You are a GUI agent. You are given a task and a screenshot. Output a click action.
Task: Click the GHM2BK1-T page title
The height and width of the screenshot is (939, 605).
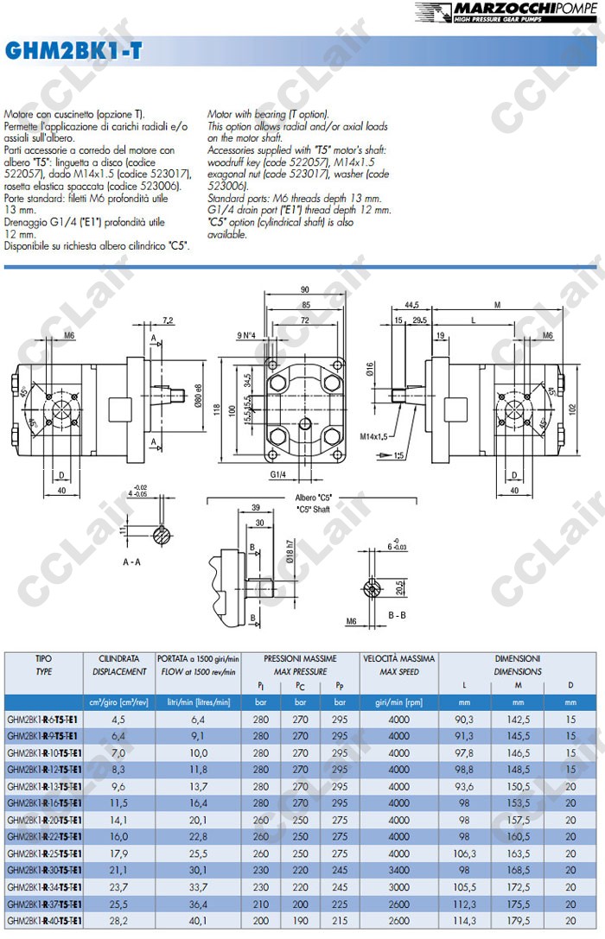[73, 53]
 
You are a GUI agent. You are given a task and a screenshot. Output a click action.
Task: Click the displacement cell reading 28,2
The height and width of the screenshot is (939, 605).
[118, 921]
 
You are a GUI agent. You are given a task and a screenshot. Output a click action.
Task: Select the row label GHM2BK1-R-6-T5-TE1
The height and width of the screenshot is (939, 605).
[42, 719]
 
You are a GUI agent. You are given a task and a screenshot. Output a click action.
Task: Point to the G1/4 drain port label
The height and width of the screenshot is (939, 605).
[277, 475]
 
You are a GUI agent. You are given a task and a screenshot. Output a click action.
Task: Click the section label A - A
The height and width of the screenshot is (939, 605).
[132, 561]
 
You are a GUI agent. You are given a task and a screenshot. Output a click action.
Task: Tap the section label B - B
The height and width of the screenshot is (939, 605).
[398, 615]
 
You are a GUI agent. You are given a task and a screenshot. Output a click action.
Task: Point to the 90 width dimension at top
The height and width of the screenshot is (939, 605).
[304, 289]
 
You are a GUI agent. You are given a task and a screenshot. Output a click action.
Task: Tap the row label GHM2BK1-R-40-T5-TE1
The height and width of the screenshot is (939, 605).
[42, 921]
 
